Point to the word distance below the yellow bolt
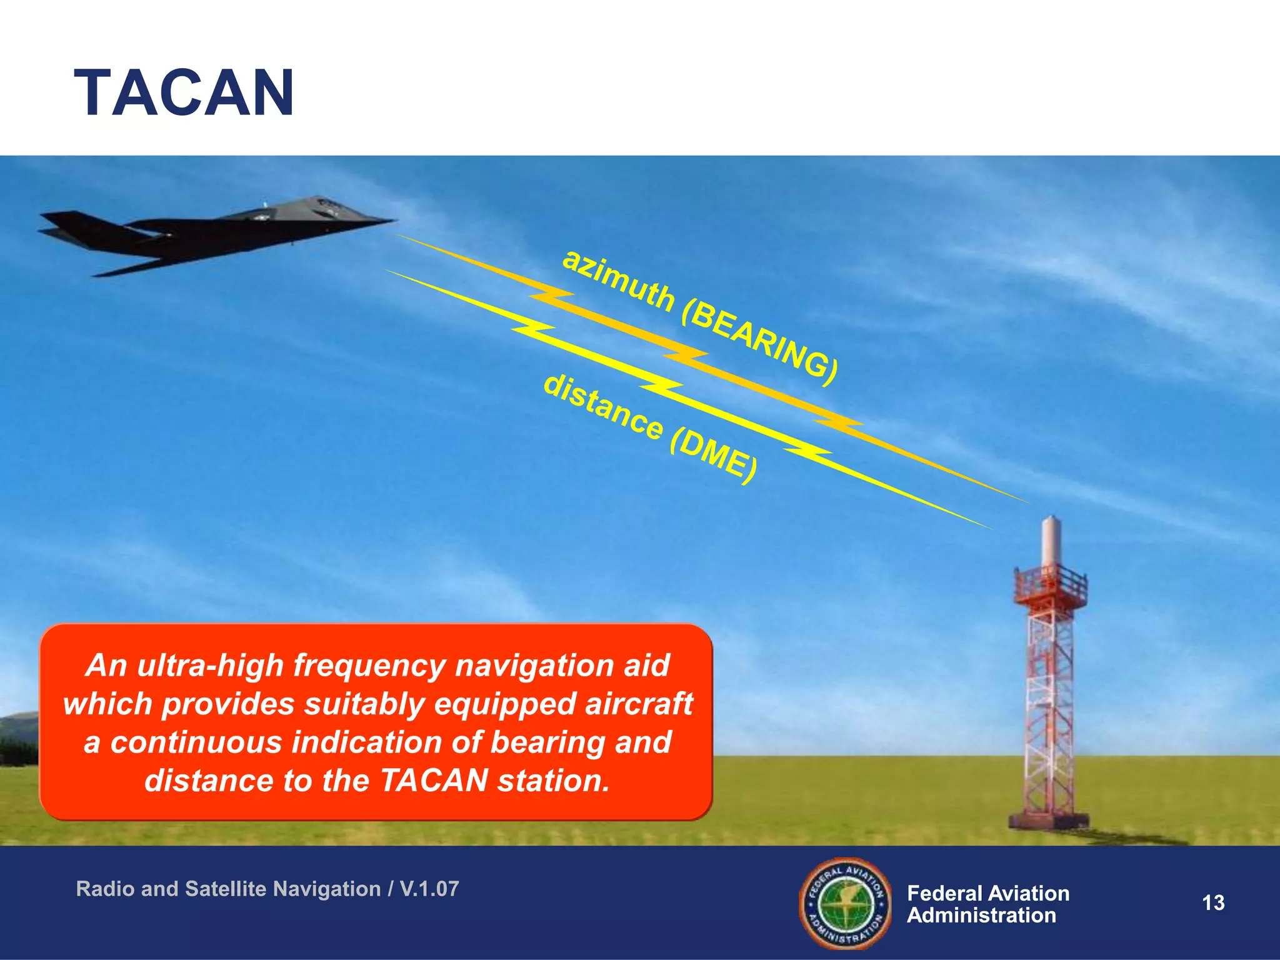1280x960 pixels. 602,406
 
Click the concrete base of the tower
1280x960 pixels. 1049,820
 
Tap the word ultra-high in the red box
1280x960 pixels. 210,665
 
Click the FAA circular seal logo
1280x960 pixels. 846,903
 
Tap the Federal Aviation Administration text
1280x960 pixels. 987,904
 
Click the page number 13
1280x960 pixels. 1213,902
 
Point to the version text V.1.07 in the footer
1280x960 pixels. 429,889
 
